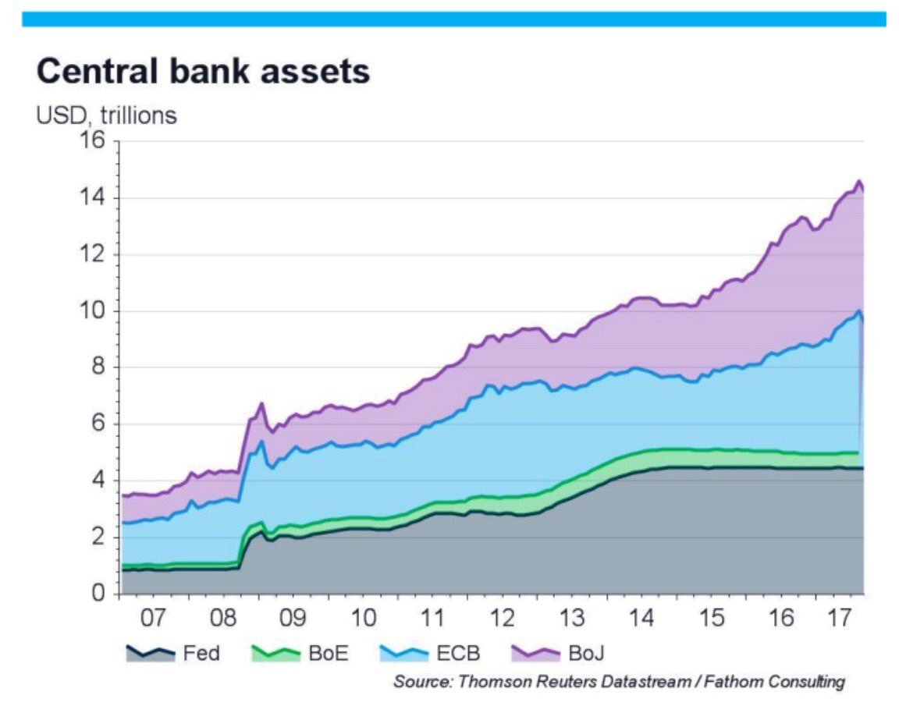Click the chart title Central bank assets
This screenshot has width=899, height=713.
point(203,72)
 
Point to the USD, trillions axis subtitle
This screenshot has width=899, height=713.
point(106,116)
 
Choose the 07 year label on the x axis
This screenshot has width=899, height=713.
point(155,618)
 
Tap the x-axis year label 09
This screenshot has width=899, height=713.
point(294,618)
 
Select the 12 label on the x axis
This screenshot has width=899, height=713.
point(503,618)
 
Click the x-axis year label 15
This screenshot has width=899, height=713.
point(712,618)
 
